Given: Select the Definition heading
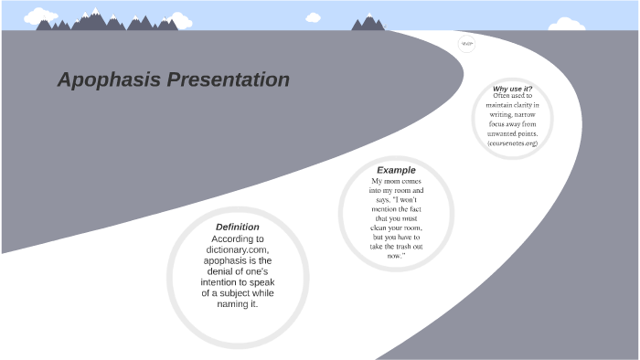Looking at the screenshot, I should [x=237, y=227].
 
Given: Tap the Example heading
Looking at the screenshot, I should [x=396, y=170].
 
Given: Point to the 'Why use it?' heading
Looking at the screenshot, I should [x=512, y=89].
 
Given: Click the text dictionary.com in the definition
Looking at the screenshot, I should [x=237, y=249].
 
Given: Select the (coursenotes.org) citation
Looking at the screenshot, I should [x=512, y=143].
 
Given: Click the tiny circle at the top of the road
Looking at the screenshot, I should [x=466, y=43].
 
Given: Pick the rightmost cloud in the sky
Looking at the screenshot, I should [x=569, y=22].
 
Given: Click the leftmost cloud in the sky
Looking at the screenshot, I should [x=40, y=16].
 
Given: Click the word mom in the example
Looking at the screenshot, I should [x=390, y=181].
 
